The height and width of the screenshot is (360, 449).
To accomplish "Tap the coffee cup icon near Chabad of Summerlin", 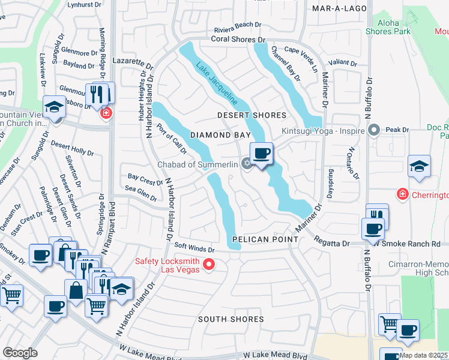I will click(261, 154).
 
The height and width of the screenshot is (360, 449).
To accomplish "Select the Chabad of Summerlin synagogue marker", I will click(246, 164).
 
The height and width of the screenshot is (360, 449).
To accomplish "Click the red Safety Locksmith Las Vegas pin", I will click(209, 263).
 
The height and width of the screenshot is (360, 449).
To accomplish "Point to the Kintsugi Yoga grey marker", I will click(375, 130).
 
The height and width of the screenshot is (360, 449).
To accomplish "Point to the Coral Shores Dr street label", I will click(238, 40).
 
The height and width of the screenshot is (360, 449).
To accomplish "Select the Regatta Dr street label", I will click(332, 243).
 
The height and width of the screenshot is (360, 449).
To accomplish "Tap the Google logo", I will click(20, 353).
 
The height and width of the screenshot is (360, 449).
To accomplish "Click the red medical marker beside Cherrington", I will click(402, 194).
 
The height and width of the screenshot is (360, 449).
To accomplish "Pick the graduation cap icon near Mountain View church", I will click(54, 107).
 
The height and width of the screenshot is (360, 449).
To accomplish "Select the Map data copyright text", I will click(423, 355).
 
